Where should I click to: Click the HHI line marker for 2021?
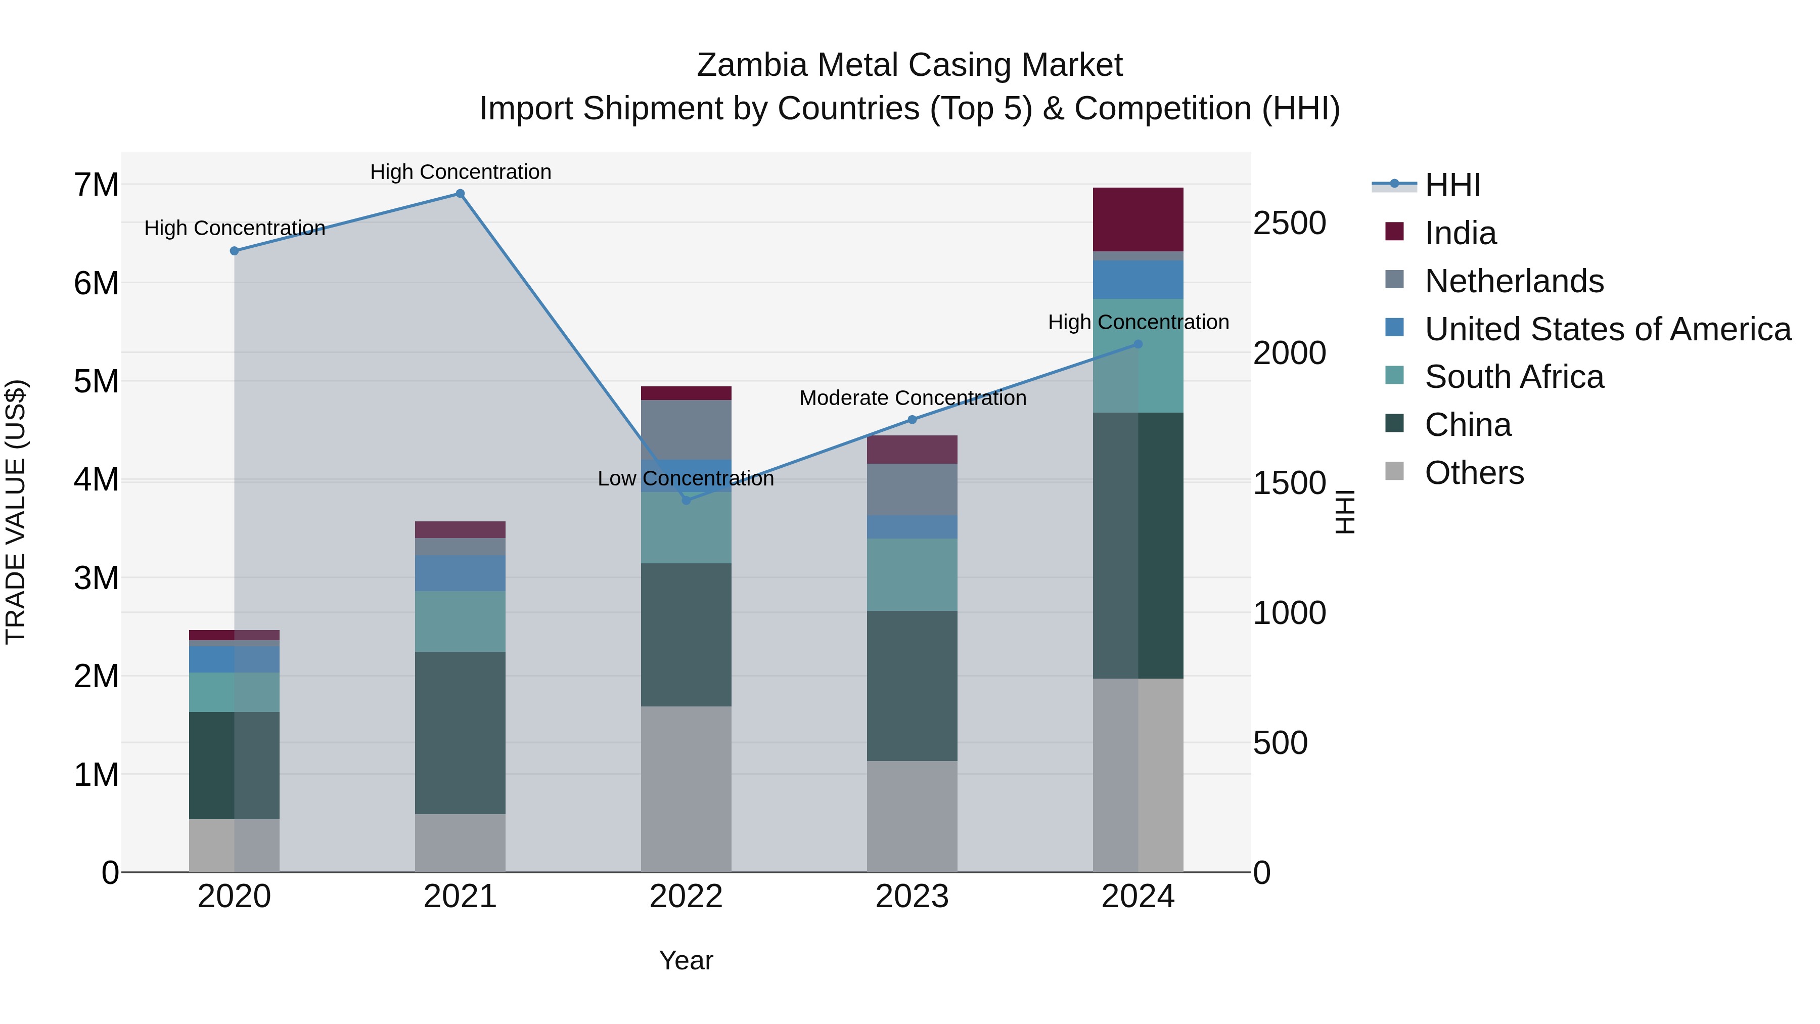(x=460, y=194)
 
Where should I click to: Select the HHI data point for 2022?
(x=686, y=500)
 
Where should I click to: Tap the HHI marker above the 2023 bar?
(x=912, y=420)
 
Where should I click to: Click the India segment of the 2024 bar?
(x=1137, y=219)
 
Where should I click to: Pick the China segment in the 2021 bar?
(x=460, y=732)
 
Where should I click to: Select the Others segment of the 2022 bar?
(x=686, y=789)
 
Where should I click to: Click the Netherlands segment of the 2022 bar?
(x=686, y=430)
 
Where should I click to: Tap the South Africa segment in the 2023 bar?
(x=912, y=574)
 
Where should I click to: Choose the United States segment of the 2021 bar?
(x=460, y=573)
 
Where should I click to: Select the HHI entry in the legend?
(x=1452, y=185)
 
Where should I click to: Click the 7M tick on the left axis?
(x=97, y=185)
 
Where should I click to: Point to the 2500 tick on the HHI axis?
(x=1289, y=224)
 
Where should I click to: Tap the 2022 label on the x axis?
(x=686, y=897)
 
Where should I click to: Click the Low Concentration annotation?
(x=686, y=478)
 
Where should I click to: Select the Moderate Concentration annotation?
(x=912, y=398)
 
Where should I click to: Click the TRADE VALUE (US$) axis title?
(x=16, y=512)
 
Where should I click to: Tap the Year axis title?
(x=686, y=960)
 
